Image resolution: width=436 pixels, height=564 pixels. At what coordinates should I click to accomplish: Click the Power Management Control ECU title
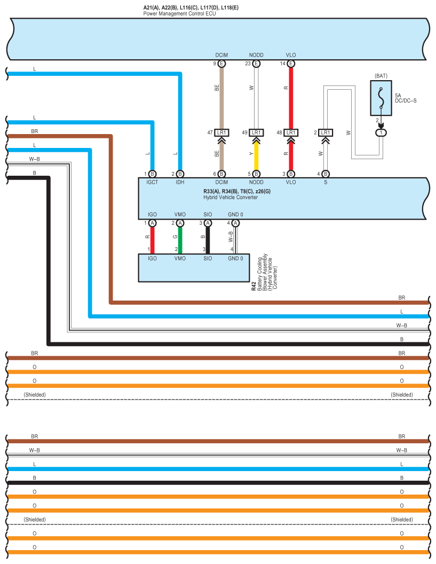180,14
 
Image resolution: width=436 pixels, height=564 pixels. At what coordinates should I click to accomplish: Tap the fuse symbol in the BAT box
381,98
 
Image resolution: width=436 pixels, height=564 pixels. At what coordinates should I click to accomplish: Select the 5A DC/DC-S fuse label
406,98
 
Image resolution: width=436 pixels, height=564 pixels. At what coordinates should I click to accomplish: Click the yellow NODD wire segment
256,156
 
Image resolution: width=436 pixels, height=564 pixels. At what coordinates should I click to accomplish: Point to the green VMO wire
180,240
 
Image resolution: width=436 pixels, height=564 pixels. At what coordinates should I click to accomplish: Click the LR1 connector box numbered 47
221,133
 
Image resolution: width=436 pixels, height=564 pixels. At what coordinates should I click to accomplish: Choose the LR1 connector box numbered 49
256,133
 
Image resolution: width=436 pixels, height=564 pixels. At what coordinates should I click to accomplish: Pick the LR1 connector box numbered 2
326,133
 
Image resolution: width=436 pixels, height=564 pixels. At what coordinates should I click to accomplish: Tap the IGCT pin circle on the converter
153,174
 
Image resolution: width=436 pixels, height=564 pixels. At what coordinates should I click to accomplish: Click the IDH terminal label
180,182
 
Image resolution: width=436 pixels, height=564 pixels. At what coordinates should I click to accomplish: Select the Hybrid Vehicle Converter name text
231,197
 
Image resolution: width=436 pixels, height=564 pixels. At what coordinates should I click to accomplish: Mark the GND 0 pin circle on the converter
235,223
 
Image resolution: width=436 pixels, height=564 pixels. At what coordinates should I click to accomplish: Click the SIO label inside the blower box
208,258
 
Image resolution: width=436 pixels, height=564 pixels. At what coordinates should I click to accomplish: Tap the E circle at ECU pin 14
291,64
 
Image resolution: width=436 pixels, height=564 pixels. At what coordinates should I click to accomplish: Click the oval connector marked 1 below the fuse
381,133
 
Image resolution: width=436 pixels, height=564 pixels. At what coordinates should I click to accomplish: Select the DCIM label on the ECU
221,55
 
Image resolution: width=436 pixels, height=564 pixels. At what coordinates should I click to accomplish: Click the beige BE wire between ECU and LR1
221,98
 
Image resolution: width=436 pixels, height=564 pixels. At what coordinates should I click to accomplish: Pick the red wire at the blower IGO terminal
153,240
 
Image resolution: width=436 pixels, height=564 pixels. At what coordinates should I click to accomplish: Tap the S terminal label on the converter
326,182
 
